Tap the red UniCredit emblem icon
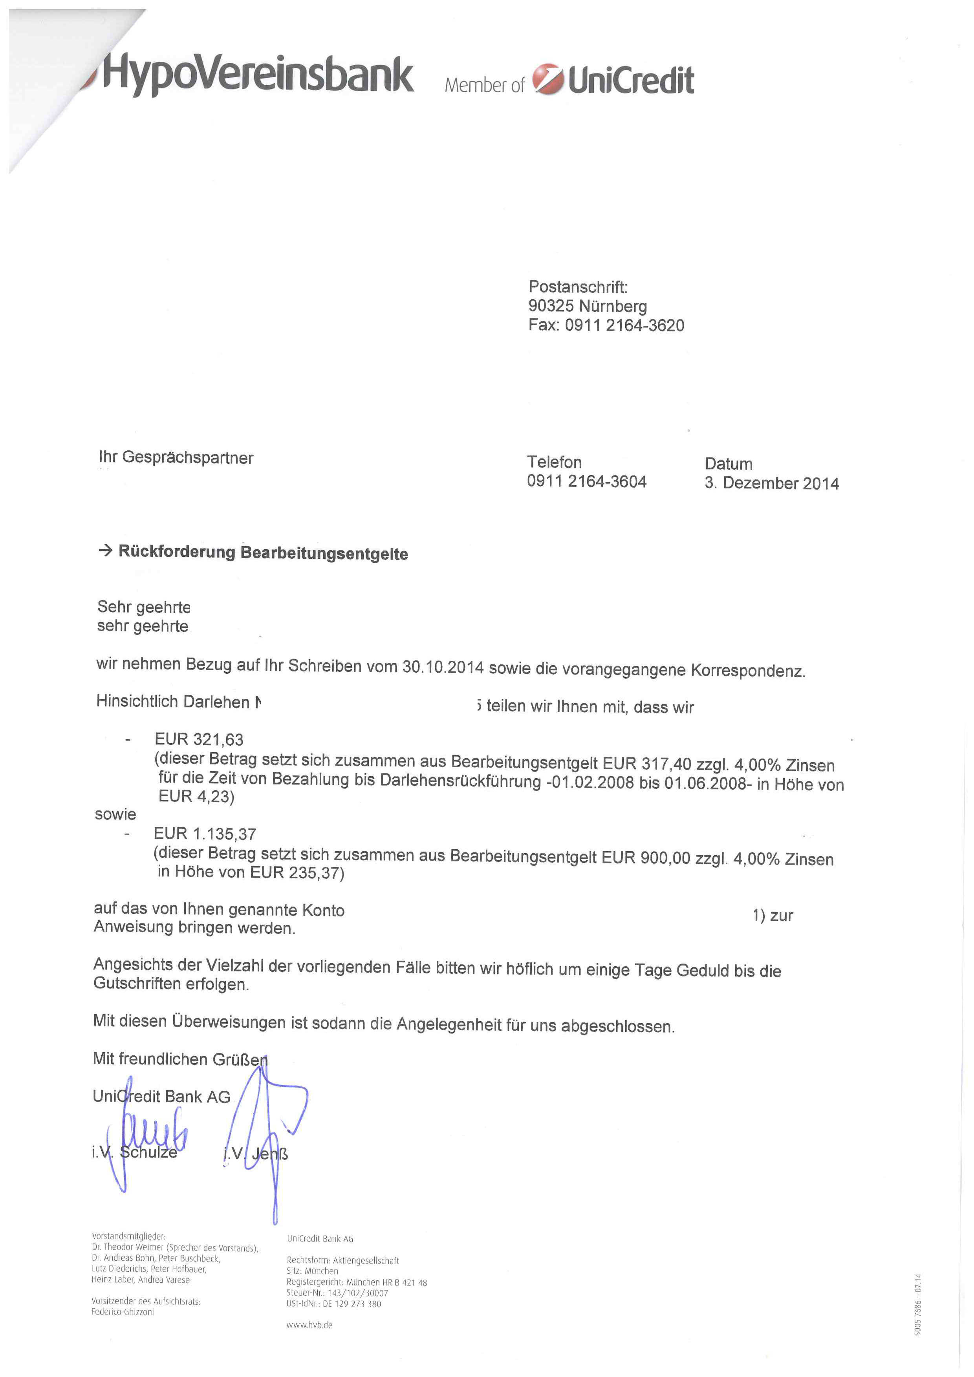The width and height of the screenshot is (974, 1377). [547, 79]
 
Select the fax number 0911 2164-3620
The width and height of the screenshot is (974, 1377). [624, 326]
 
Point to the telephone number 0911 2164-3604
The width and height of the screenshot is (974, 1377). [586, 482]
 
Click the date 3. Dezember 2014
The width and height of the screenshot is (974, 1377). [771, 483]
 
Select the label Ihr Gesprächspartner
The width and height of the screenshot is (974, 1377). [176, 457]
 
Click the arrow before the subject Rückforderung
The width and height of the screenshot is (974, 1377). [106, 550]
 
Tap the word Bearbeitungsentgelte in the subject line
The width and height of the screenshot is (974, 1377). [324, 554]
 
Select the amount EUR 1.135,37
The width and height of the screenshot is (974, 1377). [205, 834]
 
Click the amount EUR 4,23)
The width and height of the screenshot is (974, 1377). [196, 796]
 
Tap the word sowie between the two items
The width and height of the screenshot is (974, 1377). [115, 814]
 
